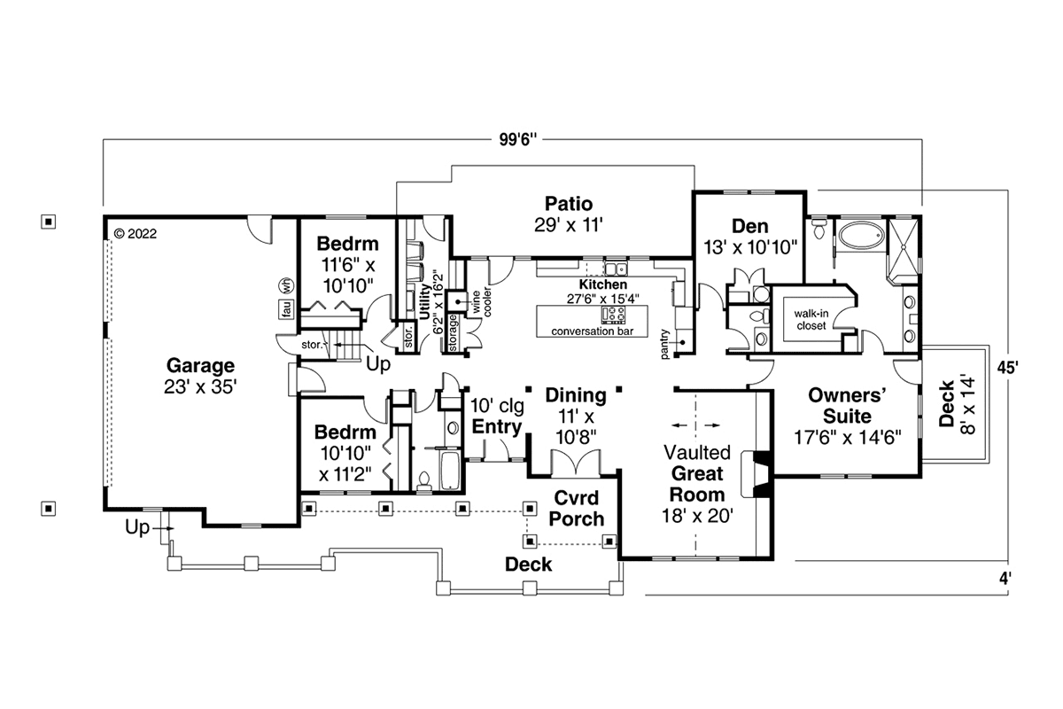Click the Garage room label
200,366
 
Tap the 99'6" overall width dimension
517,140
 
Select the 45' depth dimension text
1007,368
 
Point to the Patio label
569,204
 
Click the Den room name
749,226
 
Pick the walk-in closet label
811,320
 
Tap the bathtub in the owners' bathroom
861,236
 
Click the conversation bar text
593,331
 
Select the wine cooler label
482,301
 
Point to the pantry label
664,344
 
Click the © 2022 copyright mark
136,234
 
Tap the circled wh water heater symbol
286,286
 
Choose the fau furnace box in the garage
286,308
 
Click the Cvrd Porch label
577,509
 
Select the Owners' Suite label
847,406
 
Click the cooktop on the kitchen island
613,315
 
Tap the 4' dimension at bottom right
1005,579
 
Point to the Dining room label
576,395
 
